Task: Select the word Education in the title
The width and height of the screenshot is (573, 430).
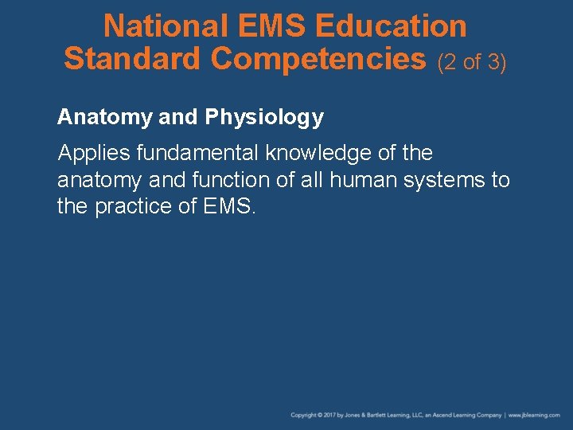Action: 391,26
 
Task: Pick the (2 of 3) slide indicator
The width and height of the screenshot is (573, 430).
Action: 472,61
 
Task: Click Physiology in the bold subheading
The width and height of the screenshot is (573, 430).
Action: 263,118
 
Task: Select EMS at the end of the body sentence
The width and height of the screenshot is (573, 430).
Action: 228,206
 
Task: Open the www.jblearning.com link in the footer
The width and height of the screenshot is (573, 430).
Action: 534,415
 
